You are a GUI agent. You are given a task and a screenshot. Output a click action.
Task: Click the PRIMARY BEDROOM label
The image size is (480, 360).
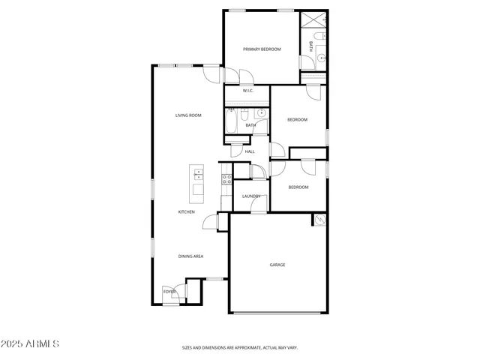[262, 49]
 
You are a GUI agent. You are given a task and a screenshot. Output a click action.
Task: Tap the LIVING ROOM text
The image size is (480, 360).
[188, 115]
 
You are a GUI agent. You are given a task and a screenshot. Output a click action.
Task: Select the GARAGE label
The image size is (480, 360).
[277, 265]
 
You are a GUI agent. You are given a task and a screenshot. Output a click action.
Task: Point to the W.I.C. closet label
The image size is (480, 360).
[247, 91]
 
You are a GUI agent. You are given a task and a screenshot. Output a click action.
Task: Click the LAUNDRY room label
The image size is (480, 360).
[250, 196]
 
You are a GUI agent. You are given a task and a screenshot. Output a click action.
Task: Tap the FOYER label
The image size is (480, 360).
[169, 292]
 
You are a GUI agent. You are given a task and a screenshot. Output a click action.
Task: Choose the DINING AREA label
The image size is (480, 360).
[190, 256]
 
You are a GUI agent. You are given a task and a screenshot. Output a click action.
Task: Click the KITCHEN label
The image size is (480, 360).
[186, 212]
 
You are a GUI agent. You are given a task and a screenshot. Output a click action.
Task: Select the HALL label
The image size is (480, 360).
[250, 151]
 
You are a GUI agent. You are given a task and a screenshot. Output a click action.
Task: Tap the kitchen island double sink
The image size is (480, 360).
[198, 175]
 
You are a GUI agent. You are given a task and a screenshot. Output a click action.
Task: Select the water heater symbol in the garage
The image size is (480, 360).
[320, 220]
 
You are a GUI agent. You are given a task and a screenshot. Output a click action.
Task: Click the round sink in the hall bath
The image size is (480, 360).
[260, 114]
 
